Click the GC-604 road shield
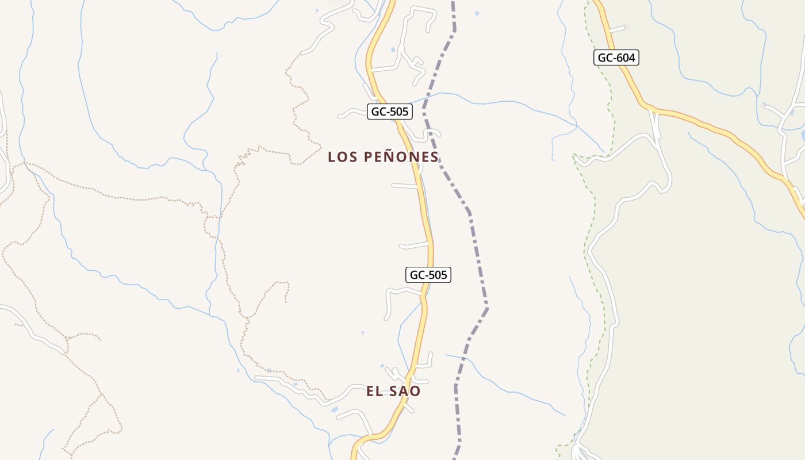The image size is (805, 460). click(616, 57)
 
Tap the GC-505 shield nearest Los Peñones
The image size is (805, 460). click(390, 112)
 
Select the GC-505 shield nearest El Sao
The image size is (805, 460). click(428, 275)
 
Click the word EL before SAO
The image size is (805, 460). click(375, 391)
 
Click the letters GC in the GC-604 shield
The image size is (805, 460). click(605, 57)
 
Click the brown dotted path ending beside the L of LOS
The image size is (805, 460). click(305, 161)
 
